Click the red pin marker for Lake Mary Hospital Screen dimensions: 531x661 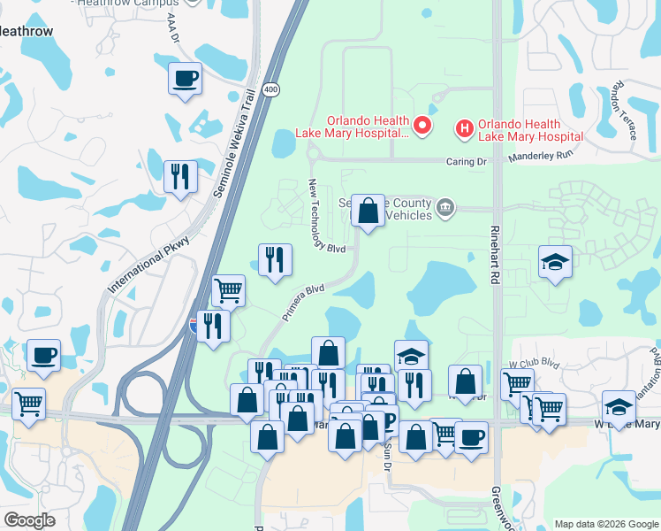point(422,127)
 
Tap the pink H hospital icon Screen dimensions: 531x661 point(464,129)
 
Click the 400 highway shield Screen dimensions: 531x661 point(270,90)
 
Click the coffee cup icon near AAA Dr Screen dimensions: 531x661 point(186,79)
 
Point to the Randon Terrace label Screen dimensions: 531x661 point(626,111)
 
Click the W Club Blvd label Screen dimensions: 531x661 point(536,363)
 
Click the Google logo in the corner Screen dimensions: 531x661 point(29,520)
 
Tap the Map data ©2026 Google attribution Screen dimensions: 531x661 point(605,524)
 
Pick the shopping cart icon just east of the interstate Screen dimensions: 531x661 point(229,290)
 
